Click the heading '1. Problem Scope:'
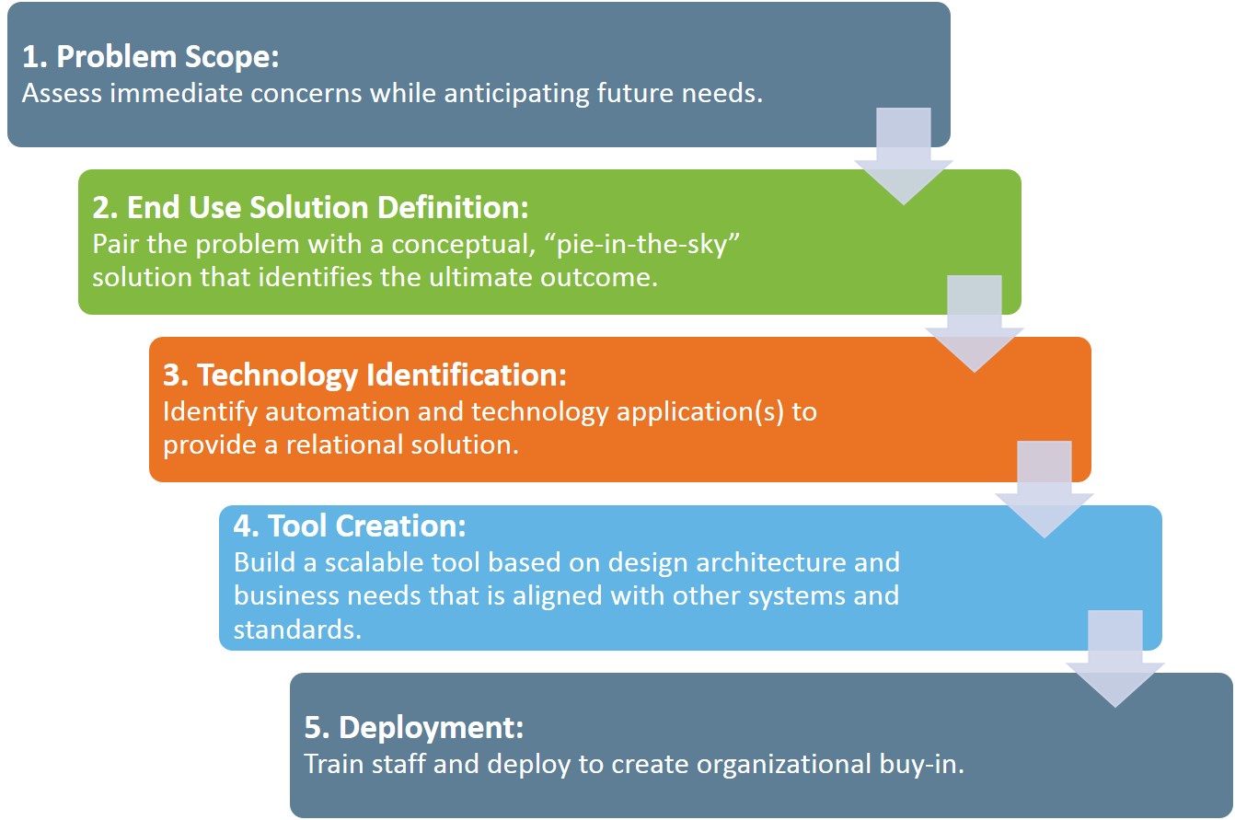click(149, 57)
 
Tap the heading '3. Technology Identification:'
click(364, 375)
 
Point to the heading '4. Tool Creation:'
click(350, 526)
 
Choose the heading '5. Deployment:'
click(414, 727)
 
